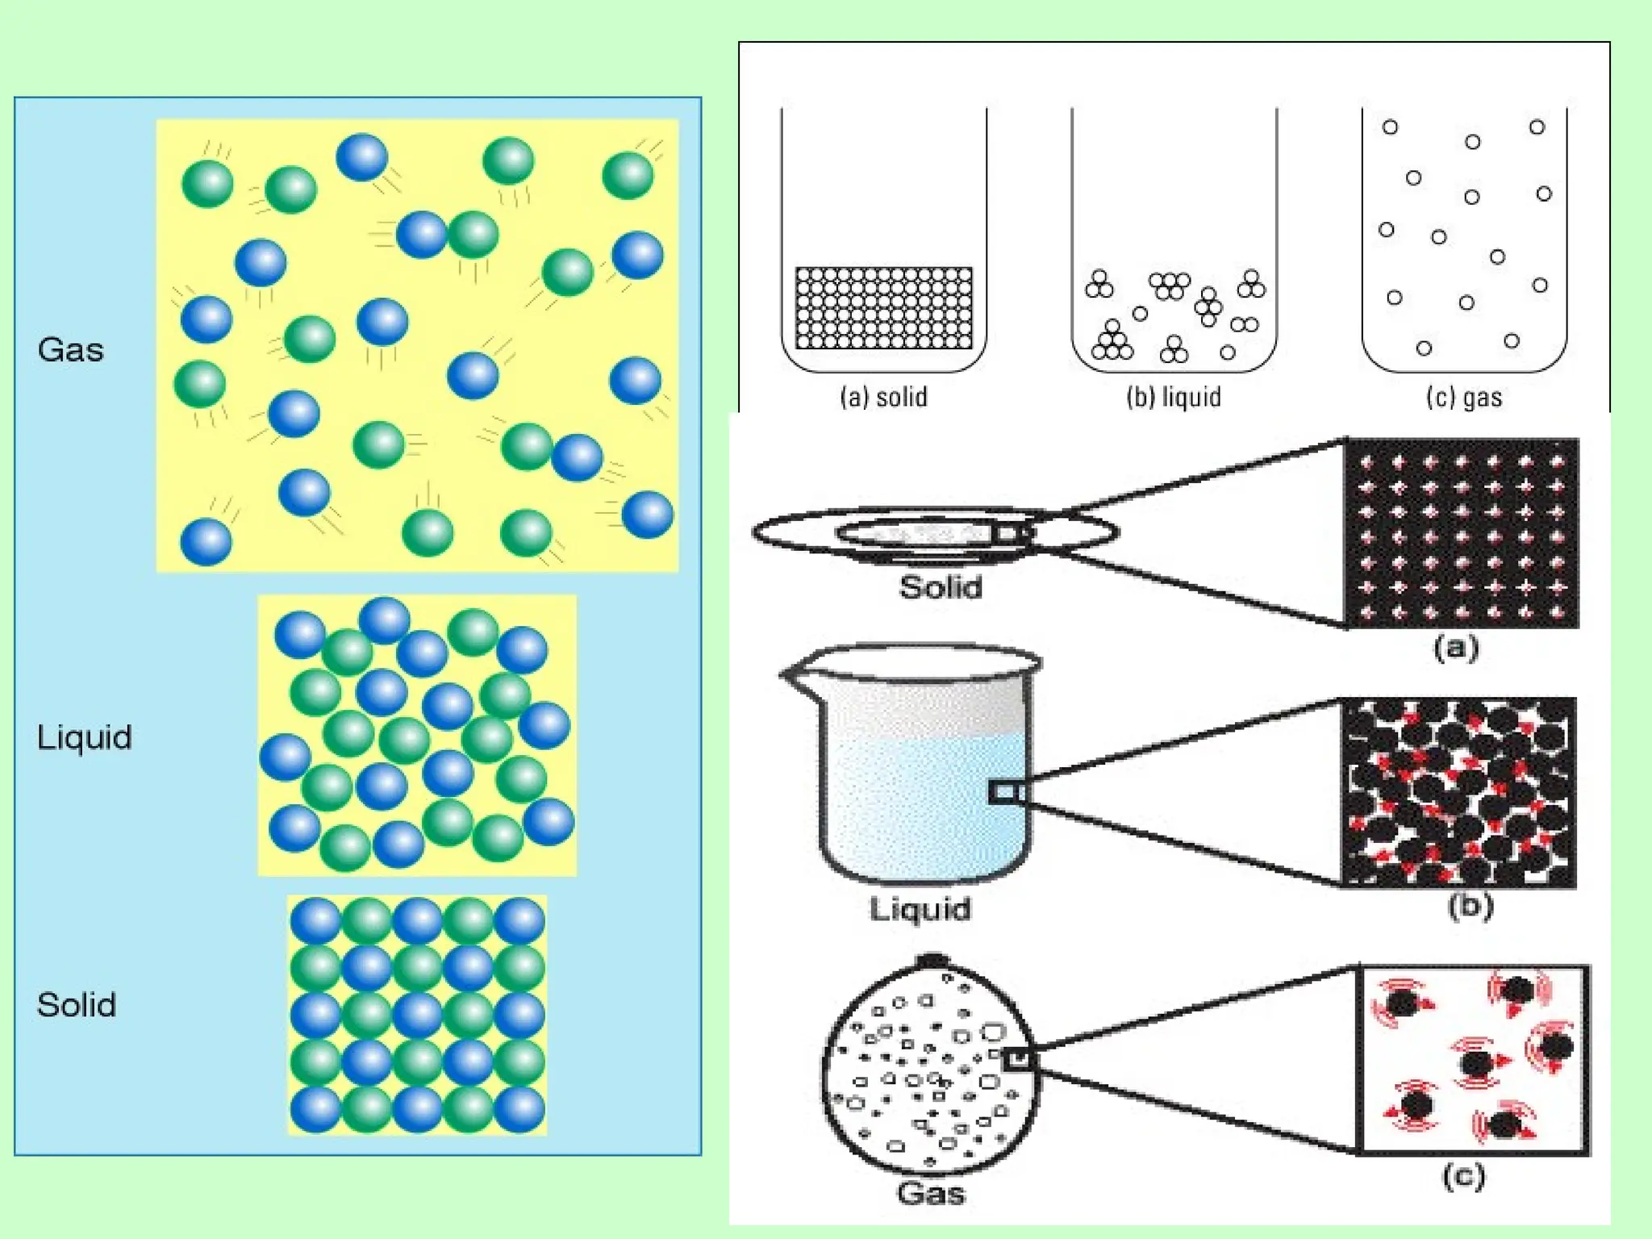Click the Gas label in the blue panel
tap(71, 350)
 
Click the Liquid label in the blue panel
tap(84, 737)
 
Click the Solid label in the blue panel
tap(77, 1005)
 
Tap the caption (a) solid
tap(883, 397)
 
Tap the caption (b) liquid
tap(1174, 397)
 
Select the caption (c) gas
tap(1464, 397)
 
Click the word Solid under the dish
tap(941, 586)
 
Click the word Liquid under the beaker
tap(920, 909)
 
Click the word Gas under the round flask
tap(930, 1193)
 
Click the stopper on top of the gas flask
tap(932, 961)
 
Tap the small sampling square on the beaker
tap(1004, 792)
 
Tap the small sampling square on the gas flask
tap(1019, 1059)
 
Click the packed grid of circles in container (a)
tap(883, 308)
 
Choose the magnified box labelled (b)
tap(1458, 793)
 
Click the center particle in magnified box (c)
tap(1476, 1062)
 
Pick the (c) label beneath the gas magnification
tap(1463, 1175)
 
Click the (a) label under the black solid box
tap(1456, 648)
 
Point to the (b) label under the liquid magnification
tap(1470, 907)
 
